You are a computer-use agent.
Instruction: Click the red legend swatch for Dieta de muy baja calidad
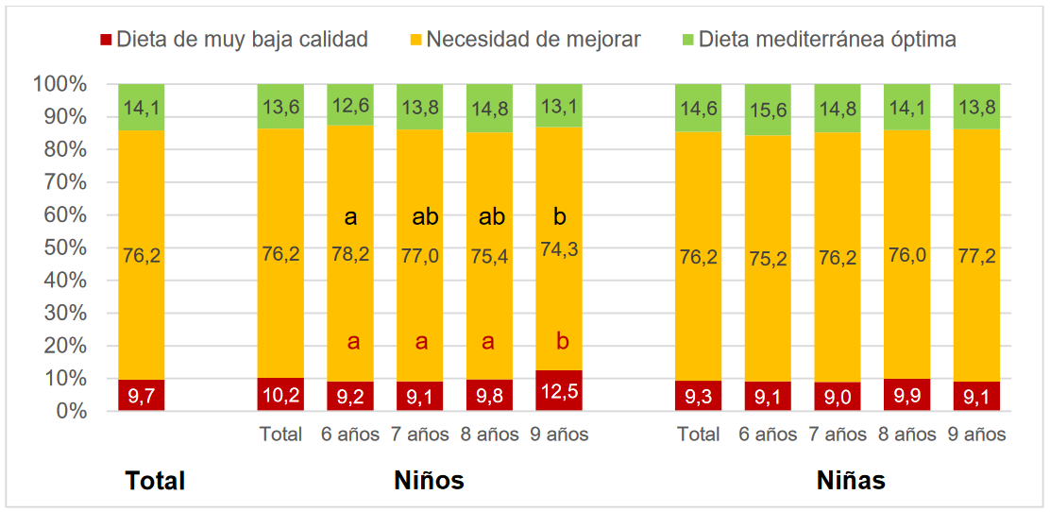(106, 40)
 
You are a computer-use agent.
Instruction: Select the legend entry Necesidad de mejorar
(533, 40)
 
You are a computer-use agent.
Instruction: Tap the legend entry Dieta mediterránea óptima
(827, 40)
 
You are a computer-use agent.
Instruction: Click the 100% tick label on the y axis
(60, 85)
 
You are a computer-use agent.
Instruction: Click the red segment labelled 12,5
(559, 390)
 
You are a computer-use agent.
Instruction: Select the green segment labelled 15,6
(768, 110)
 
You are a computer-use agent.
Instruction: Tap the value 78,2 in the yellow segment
(350, 254)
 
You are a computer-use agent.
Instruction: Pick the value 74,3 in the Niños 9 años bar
(559, 250)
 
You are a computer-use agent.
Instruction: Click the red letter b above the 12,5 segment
(560, 342)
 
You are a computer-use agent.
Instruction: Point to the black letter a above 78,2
(350, 217)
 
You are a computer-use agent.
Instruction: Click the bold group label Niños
(429, 481)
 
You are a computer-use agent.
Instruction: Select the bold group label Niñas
(851, 481)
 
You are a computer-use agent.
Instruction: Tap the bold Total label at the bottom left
(155, 481)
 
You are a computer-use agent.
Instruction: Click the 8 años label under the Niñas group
(907, 435)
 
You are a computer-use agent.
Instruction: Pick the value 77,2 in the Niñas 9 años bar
(976, 255)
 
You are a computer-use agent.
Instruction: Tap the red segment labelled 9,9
(907, 395)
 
